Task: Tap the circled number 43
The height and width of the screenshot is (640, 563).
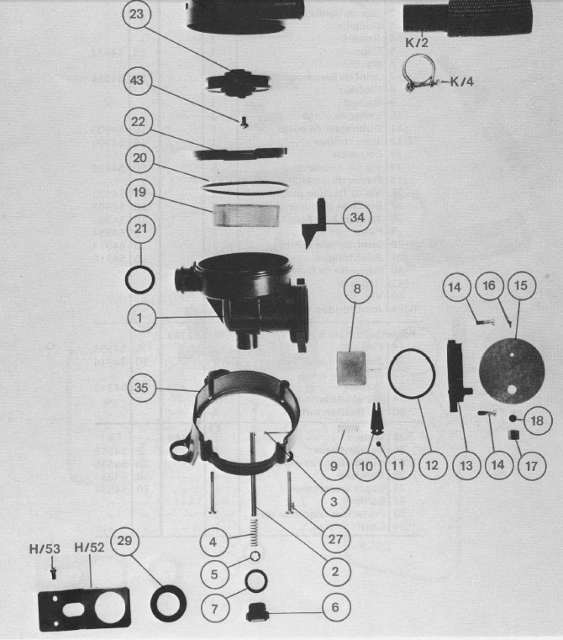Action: tap(137, 82)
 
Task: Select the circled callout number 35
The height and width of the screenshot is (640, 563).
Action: tap(142, 388)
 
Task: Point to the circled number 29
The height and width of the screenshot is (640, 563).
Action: tap(124, 543)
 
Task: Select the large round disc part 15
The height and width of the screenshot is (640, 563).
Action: tap(511, 371)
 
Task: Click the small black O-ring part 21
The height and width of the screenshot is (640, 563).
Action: tap(141, 278)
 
